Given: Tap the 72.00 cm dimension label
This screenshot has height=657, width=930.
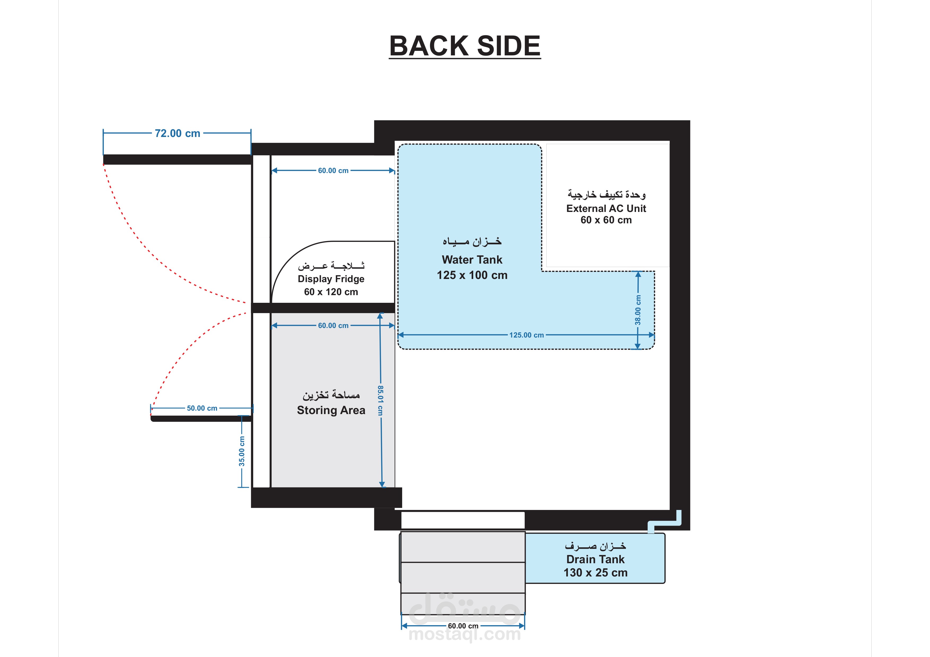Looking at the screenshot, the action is [x=177, y=133].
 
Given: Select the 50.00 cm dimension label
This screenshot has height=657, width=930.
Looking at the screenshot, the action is [x=202, y=408].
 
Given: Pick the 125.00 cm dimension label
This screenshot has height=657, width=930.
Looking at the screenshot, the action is [x=527, y=335].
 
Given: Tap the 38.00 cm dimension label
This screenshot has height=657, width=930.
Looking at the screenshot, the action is [x=638, y=310].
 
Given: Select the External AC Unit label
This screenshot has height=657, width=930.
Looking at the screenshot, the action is [x=606, y=208].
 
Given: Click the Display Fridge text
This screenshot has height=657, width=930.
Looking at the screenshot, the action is [x=331, y=279].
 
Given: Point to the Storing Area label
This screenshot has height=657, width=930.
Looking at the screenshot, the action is [x=331, y=410].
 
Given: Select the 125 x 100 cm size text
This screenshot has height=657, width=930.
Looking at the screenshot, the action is [x=472, y=275].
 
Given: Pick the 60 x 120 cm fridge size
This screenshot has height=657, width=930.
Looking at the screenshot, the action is [x=331, y=292].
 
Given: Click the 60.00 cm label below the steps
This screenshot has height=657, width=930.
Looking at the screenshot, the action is [x=463, y=626].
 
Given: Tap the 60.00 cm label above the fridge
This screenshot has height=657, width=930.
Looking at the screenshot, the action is [x=333, y=170].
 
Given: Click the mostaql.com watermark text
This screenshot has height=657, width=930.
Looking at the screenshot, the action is [x=464, y=634].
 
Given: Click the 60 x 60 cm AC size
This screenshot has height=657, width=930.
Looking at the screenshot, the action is [x=606, y=220].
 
